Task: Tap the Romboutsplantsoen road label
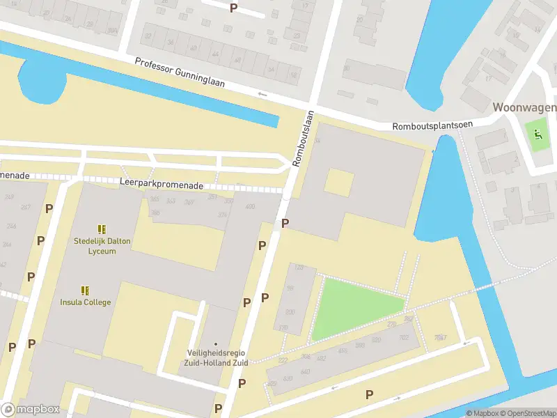pyautogui.click(x=432, y=125)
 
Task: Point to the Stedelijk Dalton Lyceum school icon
pyautogui.click(x=102, y=229)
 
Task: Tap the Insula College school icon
pyautogui.click(x=85, y=291)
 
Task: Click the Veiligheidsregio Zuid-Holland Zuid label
pyautogui.click(x=216, y=357)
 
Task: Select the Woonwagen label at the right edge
pyautogui.click(x=524, y=107)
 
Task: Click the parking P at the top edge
pyautogui.click(x=233, y=8)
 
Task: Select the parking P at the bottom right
pyautogui.click(x=369, y=394)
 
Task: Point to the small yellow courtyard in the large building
pyautogui.click(x=339, y=183)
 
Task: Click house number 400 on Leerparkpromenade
pyautogui.click(x=250, y=207)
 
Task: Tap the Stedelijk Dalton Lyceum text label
pyautogui.click(x=102, y=246)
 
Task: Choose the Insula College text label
pyautogui.click(x=85, y=302)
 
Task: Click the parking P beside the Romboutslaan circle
pyautogui.click(x=285, y=223)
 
